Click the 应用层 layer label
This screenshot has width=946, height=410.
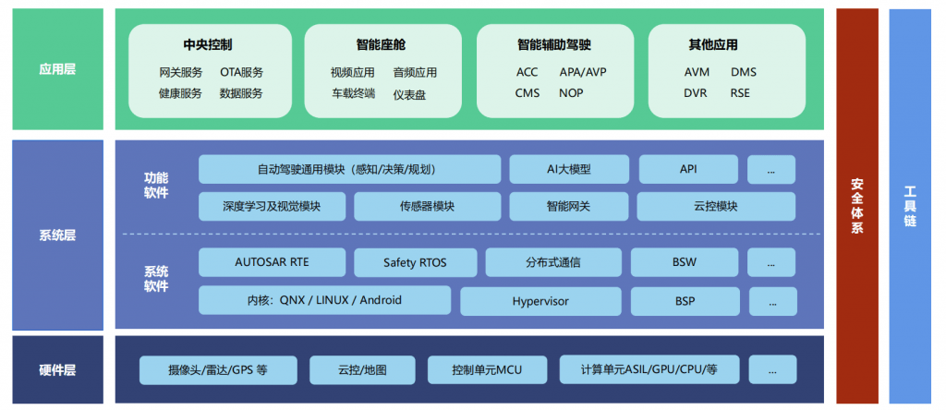[x=57, y=69]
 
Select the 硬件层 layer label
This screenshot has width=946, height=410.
[x=57, y=370]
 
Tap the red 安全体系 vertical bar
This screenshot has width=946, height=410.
[x=856, y=206]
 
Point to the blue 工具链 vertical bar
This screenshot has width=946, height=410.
[x=910, y=206]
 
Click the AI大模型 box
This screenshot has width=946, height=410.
[x=568, y=169]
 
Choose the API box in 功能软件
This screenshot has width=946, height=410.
[x=688, y=169]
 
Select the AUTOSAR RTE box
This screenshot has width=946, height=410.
[x=272, y=262]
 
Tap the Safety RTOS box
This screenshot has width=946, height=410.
[x=415, y=263]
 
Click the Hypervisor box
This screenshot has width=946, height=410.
[x=540, y=301]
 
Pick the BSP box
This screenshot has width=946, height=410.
[x=685, y=301]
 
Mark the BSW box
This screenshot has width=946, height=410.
[x=685, y=262]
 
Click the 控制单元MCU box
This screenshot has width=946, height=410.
[x=487, y=370]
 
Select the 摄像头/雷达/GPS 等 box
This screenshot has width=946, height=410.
[x=218, y=370]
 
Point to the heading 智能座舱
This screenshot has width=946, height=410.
[x=381, y=44]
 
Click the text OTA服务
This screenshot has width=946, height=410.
[x=241, y=72]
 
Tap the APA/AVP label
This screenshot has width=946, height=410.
[x=583, y=72]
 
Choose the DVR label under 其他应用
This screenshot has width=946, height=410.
[x=696, y=93]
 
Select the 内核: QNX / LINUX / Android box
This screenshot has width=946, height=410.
[x=324, y=300]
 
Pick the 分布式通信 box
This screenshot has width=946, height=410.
[x=552, y=262]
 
